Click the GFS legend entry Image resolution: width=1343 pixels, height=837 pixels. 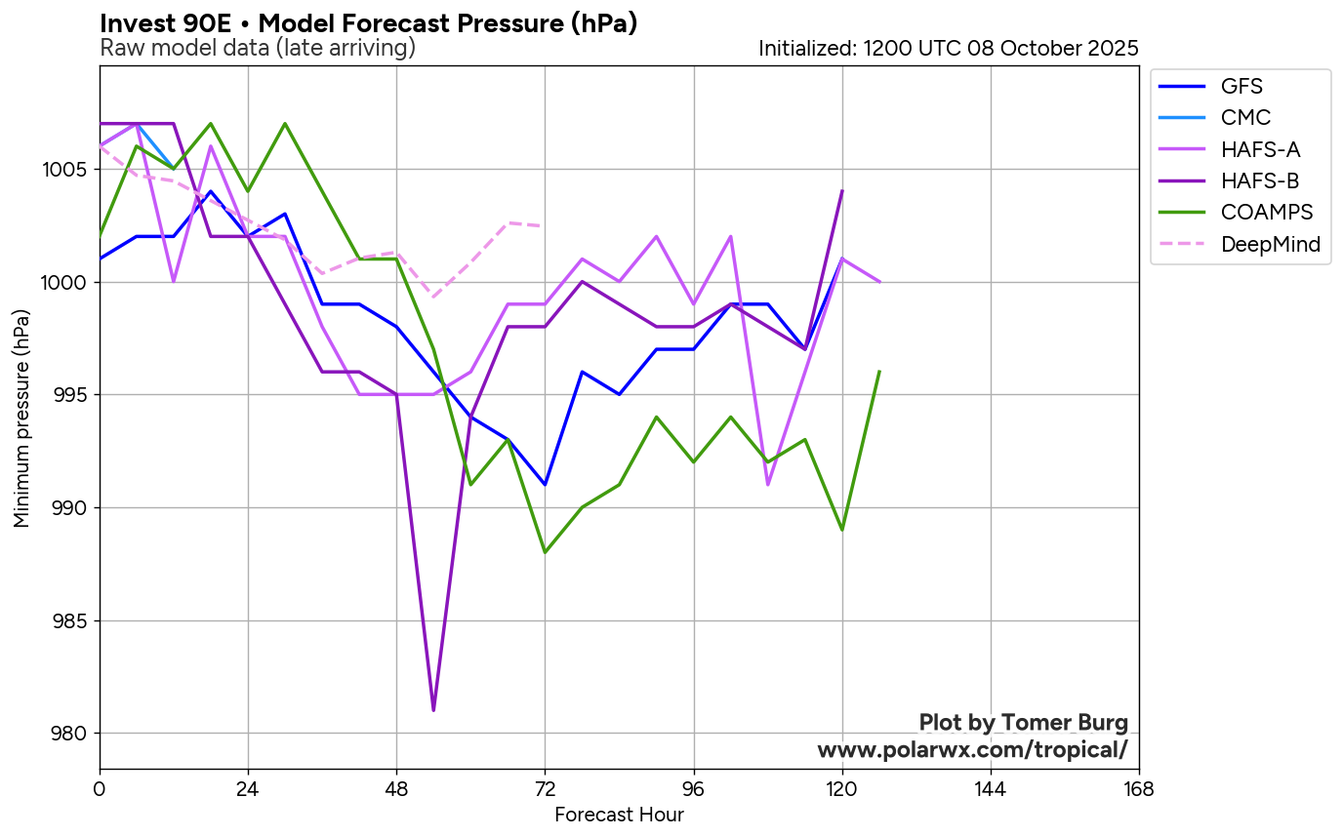pos(1241,86)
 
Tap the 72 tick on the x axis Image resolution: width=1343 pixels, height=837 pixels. pos(545,788)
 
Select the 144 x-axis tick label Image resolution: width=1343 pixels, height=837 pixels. pos(990,788)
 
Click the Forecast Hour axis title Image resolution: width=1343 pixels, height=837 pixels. pos(619,815)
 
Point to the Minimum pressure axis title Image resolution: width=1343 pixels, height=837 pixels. pos(21,418)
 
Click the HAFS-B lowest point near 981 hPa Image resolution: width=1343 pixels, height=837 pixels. pos(433,710)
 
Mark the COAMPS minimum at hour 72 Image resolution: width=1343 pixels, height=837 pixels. pos(545,552)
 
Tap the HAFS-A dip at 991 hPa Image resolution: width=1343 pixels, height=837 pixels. pos(768,484)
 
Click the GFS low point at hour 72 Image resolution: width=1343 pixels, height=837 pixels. pos(545,484)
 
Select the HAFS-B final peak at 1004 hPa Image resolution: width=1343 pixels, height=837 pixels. pos(841,191)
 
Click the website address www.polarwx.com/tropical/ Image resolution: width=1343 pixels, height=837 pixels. pos(972,749)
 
